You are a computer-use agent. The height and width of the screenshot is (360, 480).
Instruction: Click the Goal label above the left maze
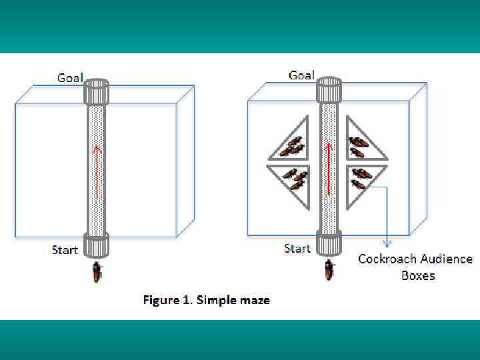[x=70, y=78]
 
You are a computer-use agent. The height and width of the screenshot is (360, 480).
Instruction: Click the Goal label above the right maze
[x=301, y=75]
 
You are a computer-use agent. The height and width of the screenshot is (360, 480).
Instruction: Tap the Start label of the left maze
[x=65, y=250]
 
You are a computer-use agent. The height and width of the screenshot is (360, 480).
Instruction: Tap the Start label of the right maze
[x=297, y=249]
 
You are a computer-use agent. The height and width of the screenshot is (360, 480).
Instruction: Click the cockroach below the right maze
[x=329, y=270]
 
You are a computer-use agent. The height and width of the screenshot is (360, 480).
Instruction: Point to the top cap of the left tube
[x=96, y=91]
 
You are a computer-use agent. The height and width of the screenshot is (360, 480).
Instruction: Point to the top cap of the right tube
[x=328, y=89]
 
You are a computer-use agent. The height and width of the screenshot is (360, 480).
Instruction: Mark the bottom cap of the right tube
[x=328, y=244]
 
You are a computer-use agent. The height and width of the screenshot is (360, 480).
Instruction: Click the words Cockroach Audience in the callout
[x=415, y=259]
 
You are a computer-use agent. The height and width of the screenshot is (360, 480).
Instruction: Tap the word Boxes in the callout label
[x=418, y=275]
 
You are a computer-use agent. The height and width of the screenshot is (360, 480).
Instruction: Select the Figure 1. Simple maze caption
[x=207, y=300]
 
